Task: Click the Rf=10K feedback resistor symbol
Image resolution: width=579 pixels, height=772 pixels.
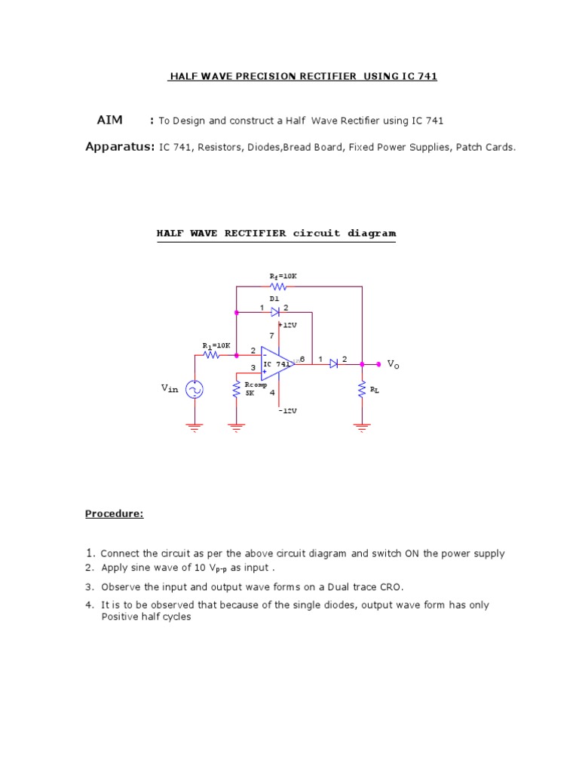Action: [x=278, y=286]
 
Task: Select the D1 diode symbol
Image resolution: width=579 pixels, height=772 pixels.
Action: [x=275, y=311]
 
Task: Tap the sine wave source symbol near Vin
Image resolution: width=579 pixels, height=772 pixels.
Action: [x=195, y=389]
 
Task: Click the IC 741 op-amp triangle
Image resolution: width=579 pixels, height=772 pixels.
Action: [x=276, y=364]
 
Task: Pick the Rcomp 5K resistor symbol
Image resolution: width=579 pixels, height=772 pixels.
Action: [x=237, y=391]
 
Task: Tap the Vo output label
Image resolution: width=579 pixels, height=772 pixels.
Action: [x=393, y=363]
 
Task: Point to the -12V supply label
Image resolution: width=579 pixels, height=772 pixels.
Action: [x=286, y=411]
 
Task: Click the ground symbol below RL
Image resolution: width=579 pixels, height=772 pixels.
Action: [x=363, y=427]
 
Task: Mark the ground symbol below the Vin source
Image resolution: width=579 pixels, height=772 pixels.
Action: [x=195, y=427]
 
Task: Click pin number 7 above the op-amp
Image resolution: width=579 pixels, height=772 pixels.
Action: [x=272, y=335]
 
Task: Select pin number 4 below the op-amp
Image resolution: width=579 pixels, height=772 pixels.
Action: [x=272, y=393]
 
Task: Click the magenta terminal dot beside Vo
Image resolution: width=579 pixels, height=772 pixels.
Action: [x=378, y=363]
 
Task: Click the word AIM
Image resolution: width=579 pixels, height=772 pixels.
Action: [x=109, y=120]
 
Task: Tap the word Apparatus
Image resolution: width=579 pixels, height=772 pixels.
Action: [x=119, y=147]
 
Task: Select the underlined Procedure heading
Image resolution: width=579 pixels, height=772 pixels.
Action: [x=114, y=513]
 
